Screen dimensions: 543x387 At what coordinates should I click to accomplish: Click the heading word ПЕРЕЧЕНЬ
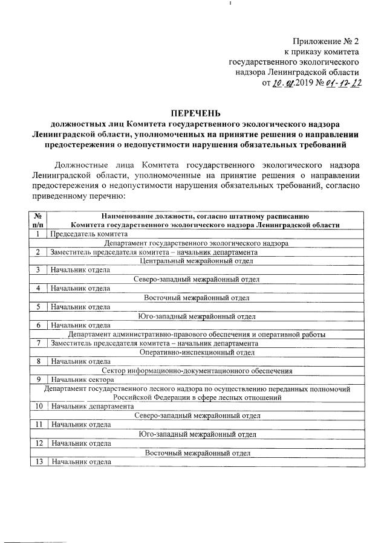[x=196, y=113]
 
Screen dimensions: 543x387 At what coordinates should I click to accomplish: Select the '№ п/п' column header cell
[x=38, y=220]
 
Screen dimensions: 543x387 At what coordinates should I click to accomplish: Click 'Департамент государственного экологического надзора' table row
[x=195, y=243]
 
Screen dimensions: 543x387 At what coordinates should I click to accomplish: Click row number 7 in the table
[x=38, y=343]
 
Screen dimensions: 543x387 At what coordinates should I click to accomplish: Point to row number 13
[x=38, y=462]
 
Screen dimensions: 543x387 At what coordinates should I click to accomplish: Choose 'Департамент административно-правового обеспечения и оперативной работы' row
[x=195, y=334]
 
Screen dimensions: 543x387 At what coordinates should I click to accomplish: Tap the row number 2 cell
[x=38, y=252]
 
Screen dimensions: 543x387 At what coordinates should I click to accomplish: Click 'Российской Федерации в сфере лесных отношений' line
[x=195, y=398]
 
